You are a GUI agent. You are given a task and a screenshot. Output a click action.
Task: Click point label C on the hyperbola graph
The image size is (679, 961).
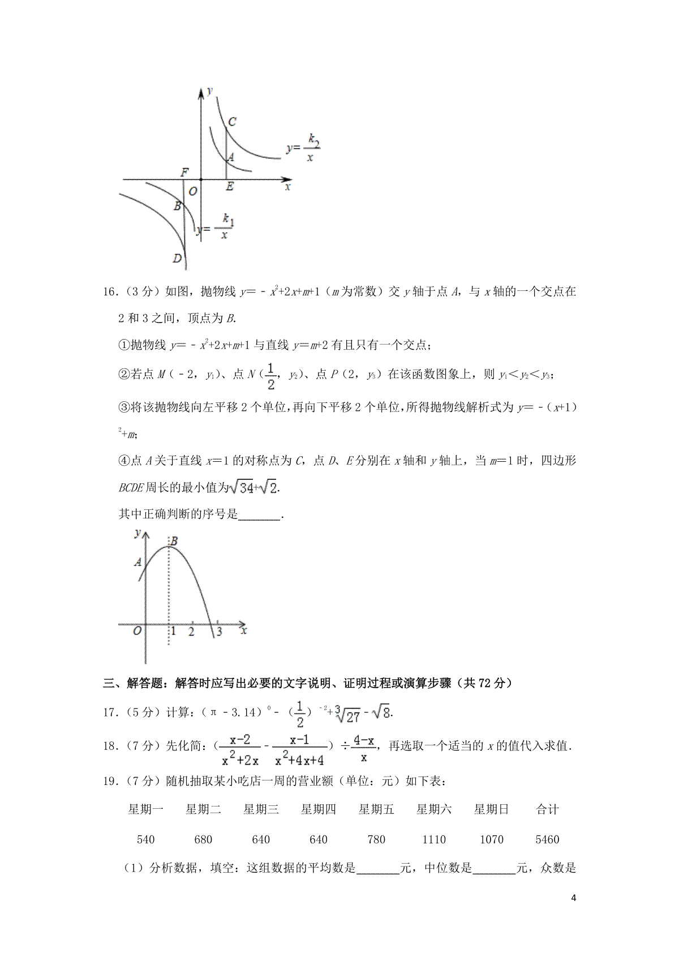coord(231,122)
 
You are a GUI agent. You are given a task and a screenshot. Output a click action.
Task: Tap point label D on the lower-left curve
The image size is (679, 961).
coord(177,259)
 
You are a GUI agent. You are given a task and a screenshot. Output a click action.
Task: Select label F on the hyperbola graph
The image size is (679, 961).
coord(184,172)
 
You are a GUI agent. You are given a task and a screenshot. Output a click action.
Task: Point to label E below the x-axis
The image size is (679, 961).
coord(229,187)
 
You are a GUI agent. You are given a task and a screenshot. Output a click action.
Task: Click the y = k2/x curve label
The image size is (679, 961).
coord(304,148)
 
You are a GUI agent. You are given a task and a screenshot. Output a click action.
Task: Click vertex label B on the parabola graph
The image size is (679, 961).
coord(174,542)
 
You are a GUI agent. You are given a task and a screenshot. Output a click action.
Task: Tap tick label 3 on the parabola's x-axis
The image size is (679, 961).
coord(219,632)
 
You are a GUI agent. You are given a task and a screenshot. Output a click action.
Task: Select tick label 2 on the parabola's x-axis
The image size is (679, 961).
coord(192,632)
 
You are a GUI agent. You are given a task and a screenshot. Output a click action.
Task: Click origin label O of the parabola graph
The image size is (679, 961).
coord(136,632)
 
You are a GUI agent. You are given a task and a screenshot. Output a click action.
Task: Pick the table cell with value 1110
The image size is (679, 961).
coord(434,839)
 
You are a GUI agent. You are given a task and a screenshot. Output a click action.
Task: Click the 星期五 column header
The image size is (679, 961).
coord(376,809)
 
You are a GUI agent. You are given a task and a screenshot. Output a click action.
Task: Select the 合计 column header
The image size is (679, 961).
coord(547,809)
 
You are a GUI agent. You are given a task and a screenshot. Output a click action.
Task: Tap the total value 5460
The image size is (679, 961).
coord(547,839)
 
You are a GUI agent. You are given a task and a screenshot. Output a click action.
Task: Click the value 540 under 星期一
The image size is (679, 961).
coord(146,839)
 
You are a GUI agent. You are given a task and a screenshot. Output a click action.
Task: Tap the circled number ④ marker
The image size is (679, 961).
coord(124,461)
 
